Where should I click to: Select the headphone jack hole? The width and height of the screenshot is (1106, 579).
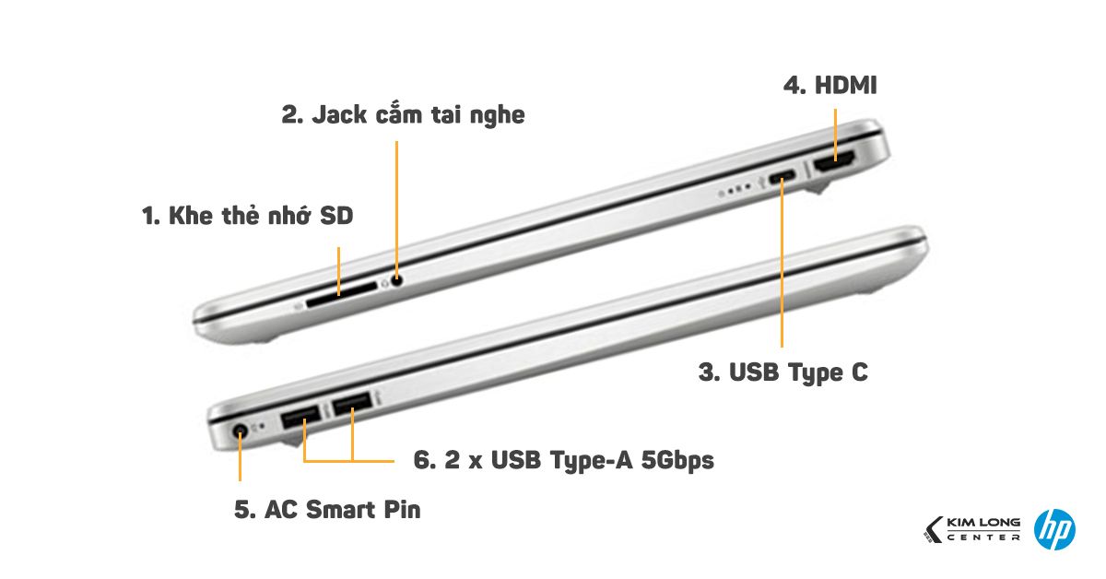point(397,280)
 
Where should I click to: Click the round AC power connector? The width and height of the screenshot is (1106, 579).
point(241,431)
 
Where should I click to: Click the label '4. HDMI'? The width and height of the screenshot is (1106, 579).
point(829,86)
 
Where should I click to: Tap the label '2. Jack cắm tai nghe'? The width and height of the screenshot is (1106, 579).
point(403,115)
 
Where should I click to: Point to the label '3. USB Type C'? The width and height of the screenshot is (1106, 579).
point(782,372)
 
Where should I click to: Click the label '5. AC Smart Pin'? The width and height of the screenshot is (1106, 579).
point(327,508)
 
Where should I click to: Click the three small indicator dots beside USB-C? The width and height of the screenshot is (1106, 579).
point(734,193)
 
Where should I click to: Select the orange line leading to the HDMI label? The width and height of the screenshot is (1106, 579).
point(835,129)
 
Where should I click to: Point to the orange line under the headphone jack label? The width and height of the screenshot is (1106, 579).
point(397,203)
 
